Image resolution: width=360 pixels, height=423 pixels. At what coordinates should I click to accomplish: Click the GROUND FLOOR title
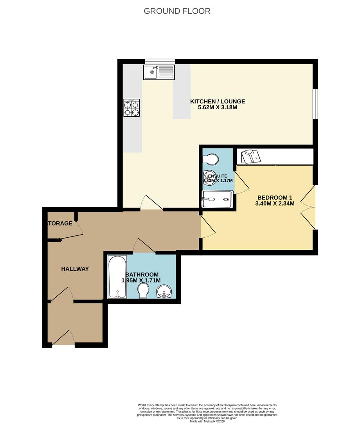pos(177,11)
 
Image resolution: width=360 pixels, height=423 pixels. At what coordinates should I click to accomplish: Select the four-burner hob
pos(132,108)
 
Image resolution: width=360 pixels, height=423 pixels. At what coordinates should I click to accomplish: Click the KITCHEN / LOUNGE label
pos(218,102)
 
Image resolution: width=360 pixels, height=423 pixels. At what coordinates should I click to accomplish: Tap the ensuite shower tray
pos(217,199)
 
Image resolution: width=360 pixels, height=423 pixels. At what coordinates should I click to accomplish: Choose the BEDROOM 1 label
pos(275,197)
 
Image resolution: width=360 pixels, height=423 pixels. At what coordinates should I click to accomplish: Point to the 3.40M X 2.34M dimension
pos(275,204)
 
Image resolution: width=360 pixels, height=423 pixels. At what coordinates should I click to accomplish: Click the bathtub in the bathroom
pos(117,276)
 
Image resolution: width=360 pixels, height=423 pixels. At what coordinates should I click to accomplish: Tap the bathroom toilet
pos(144,291)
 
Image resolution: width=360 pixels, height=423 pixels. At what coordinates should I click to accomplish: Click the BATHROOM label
pos(142,275)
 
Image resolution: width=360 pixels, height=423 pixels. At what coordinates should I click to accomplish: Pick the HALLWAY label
pos(75,269)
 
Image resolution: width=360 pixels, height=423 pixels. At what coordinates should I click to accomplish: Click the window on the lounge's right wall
pos(315,103)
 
